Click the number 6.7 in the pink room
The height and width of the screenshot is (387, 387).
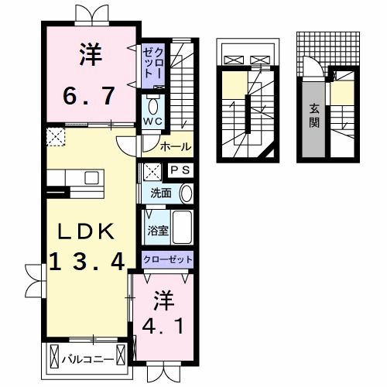point(87,96)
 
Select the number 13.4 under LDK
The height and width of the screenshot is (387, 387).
point(87,262)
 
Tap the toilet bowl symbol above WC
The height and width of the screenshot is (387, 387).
point(152,104)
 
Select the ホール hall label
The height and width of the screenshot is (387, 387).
point(176,146)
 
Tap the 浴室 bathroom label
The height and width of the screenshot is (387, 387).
point(156,229)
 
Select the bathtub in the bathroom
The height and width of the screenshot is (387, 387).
point(182,228)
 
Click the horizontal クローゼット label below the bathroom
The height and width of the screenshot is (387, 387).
point(167,260)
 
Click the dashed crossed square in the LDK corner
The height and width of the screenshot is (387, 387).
point(55,138)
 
